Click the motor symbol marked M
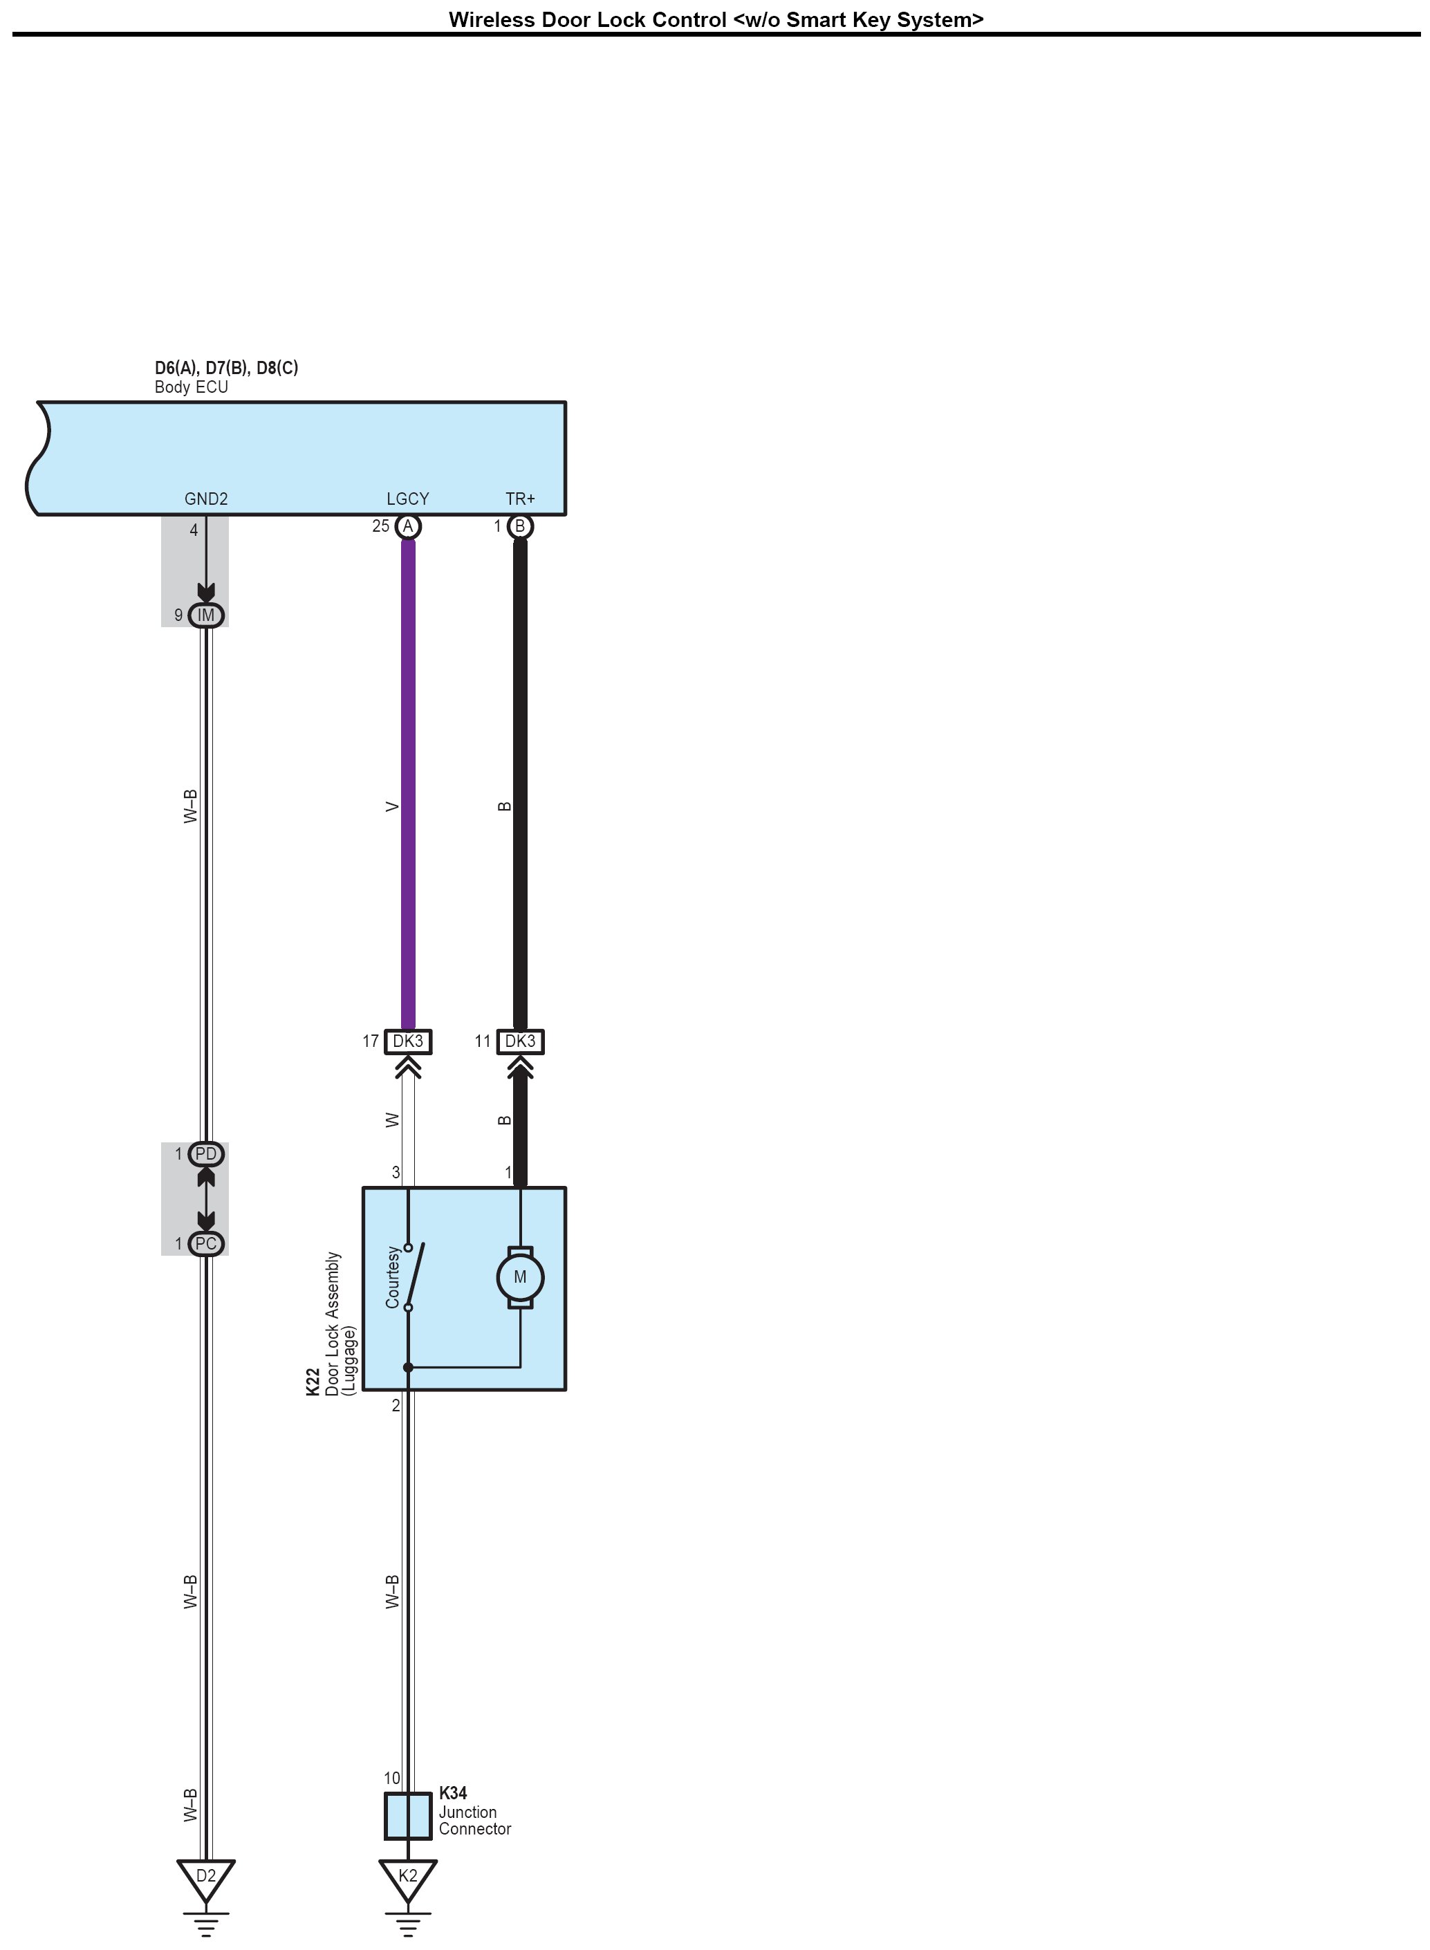519,1276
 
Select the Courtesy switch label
393,1276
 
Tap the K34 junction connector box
408,1815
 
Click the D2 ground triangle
205,1877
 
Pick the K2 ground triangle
408,1877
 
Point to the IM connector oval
206,615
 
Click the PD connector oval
206,1153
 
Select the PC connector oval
206,1244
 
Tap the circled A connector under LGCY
408,526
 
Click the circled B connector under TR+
519,526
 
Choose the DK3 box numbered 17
408,1041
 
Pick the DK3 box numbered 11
520,1041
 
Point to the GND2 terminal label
206,499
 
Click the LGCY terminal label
408,499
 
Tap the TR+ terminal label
520,499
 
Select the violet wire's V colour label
393,807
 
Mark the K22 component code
313,1382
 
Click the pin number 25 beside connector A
381,526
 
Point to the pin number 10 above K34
392,1778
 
